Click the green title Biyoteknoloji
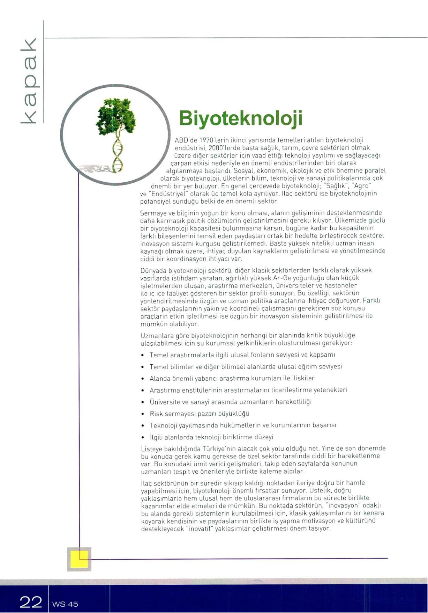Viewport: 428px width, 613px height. [240, 118]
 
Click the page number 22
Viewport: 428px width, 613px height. [31, 602]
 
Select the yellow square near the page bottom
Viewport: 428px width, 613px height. [79, 559]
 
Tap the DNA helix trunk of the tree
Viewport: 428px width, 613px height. [118, 155]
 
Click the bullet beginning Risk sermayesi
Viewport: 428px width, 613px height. [199, 414]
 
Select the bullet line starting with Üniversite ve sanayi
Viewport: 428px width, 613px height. [230, 402]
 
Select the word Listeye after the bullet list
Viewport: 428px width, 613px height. [151, 448]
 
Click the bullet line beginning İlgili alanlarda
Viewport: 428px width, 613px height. [211, 437]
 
